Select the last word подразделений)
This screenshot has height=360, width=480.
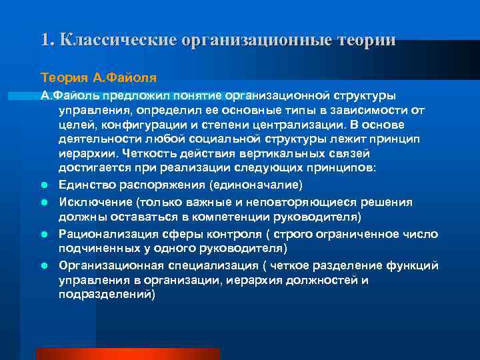(107, 294)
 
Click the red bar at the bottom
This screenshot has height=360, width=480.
(127, 353)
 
